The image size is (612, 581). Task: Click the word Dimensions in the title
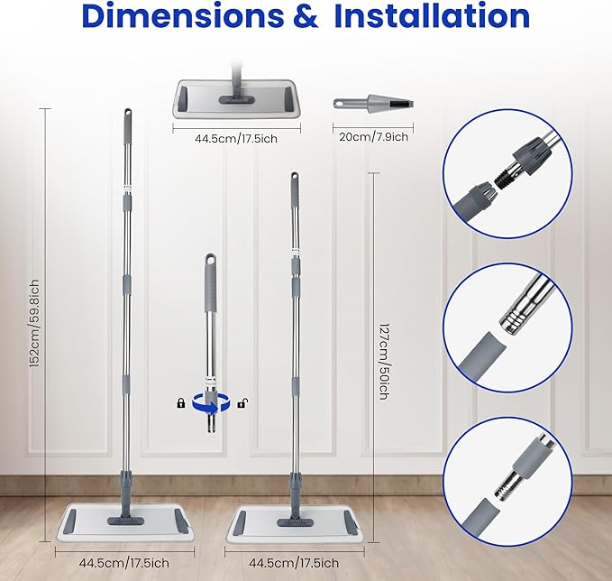[x=181, y=16]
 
